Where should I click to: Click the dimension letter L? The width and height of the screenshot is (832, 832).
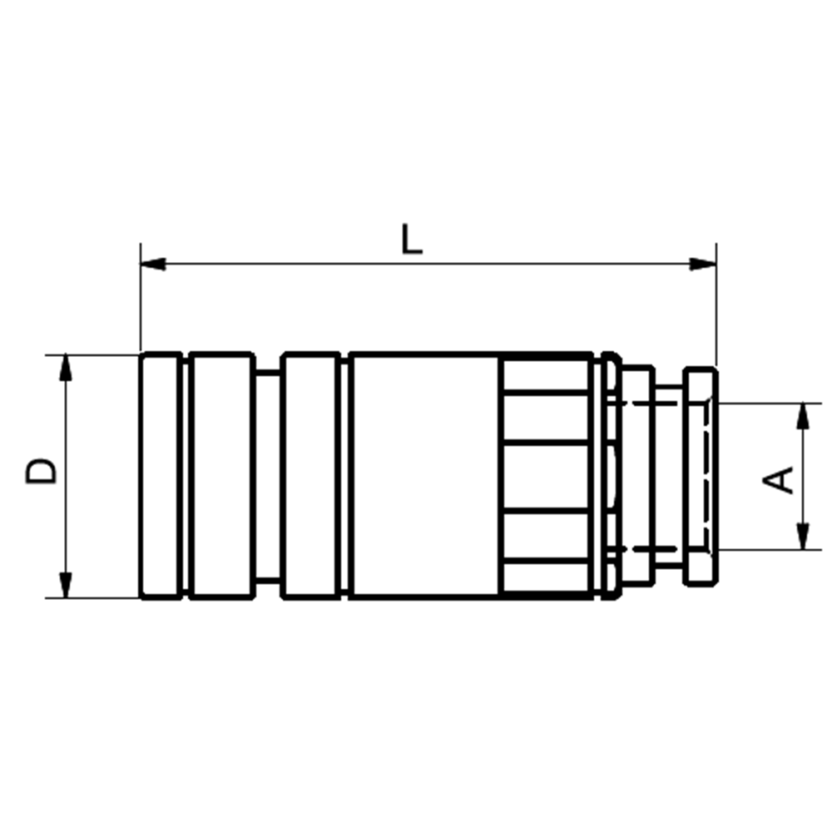412,240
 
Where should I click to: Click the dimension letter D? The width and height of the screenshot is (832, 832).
42,472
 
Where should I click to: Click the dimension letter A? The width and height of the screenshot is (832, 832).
778,480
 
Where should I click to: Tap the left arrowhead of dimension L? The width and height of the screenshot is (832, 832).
153,264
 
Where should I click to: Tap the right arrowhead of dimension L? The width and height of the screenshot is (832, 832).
703,264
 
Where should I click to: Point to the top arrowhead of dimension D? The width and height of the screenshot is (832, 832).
65,367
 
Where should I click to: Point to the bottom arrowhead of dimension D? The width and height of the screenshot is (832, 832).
65,585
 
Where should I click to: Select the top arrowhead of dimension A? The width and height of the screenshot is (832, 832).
804,416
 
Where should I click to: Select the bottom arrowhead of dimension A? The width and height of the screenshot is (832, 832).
804,537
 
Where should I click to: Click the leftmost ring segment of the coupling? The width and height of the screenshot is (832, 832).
161,476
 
